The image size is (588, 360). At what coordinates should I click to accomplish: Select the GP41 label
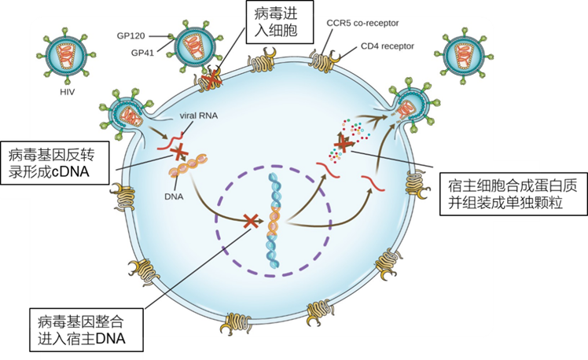(142, 53)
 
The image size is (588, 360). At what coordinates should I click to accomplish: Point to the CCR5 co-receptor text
(362, 24)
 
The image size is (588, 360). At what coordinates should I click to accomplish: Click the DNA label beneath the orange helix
(174, 196)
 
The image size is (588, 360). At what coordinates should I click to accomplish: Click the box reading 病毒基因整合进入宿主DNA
(86, 329)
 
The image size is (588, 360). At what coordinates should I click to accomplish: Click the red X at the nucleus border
(252, 221)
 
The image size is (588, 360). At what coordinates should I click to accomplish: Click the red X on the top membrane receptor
(211, 79)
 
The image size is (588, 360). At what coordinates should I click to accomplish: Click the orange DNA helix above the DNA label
(188, 167)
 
